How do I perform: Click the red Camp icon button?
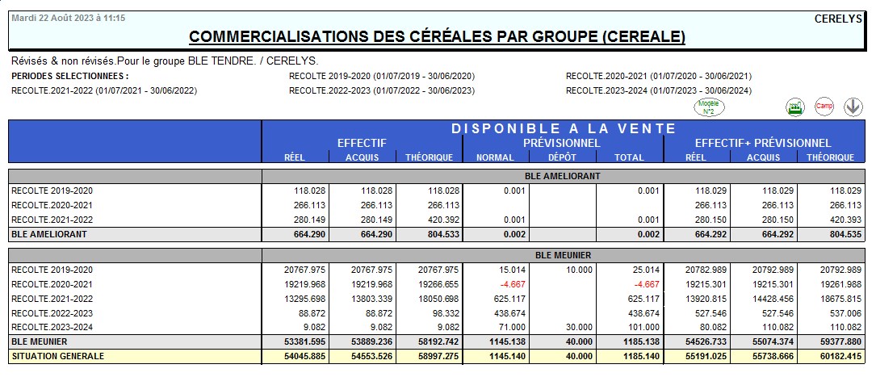(824, 107)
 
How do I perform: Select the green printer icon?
(796, 107)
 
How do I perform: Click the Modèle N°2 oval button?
(710, 106)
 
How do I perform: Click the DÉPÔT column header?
(563, 157)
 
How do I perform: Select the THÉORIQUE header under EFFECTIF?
(429, 157)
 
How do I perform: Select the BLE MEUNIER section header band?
(563, 255)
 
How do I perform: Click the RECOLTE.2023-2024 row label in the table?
(52, 328)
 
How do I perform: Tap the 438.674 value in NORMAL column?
(508, 313)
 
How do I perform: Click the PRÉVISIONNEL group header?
(562, 143)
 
